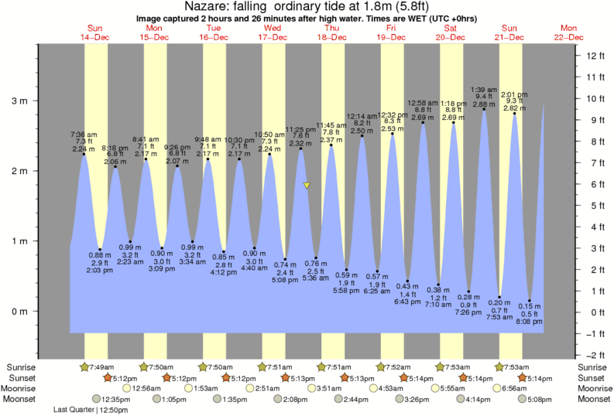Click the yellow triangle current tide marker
(x=307, y=186)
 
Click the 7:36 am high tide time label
(x=83, y=133)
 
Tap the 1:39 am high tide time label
(x=483, y=89)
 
